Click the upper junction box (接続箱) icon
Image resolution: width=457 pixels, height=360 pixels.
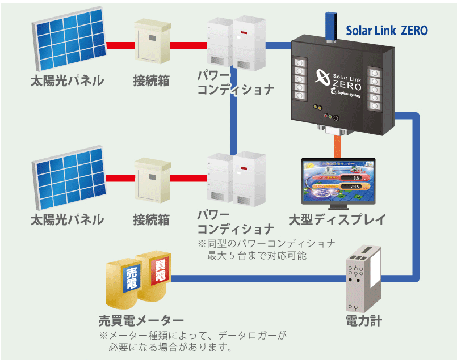152,43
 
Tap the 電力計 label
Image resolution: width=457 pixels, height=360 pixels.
363,321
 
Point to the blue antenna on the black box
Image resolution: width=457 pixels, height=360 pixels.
329,25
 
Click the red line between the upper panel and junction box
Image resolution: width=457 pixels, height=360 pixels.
119,43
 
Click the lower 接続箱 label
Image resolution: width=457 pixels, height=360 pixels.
152,219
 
